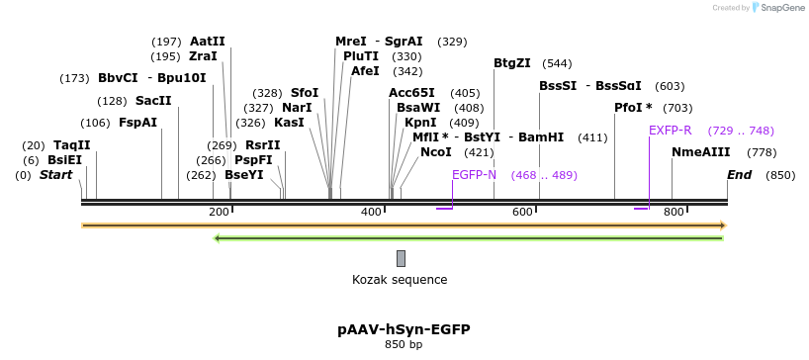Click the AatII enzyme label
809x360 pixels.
pyautogui.click(x=208, y=42)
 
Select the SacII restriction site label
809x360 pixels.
pyautogui.click(x=153, y=101)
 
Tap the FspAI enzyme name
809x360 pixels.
pyautogui.click(x=137, y=123)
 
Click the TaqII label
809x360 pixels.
pyautogui.click(x=71, y=145)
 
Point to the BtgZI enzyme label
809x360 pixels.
pyautogui.click(x=512, y=63)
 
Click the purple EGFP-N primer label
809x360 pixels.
pyautogui.click(x=474, y=175)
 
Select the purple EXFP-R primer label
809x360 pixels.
pyautogui.click(x=670, y=131)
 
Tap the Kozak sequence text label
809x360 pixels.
pyautogui.click(x=400, y=280)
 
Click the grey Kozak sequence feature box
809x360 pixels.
pyautogui.click(x=401, y=259)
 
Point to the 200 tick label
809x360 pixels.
pyautogui.click(x=219, y=213)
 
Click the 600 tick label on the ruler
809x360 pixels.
pyautogui.click(x=522, y=213)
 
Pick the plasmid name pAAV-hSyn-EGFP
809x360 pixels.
pyautogui.click(x=404, y=329)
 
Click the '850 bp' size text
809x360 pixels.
pyautogui.click(x=404, y=345)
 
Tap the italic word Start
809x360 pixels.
pyautogui.click(x=56, y=175)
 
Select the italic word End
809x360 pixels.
pyautogui.click(x=739, y=175)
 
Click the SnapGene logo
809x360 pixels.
pyautogui.click(x=782, y=8)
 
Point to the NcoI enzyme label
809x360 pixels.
pyautogui.click(x=435, y=152)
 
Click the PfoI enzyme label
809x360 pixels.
pyautogui.click(x=633, y=108)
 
